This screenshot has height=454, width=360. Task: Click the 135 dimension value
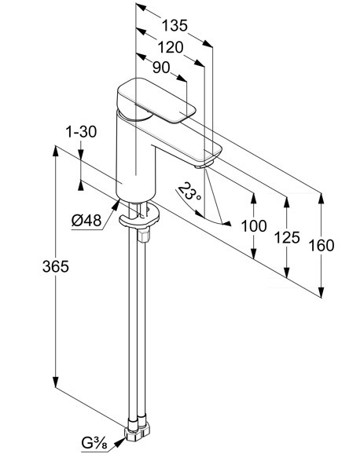tap(174, 25)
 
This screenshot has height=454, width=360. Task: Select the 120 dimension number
tap(171, 47)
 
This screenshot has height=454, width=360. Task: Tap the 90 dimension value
tap(161, 68)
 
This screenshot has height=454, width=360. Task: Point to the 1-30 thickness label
tap(81, 132)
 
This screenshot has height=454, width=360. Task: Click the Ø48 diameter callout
tap(86, 221)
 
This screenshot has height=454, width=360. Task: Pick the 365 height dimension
tap(56, 266)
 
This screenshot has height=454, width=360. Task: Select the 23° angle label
tap(189, 192)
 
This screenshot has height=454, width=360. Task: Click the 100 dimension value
tap(254, 226)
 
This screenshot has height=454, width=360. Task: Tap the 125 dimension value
tap(287, 237)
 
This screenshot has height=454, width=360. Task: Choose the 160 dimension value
tap(321, 246)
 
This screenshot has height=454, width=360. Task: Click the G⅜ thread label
tap(94, 443)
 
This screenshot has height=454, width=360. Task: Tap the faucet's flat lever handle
tap(156, 101)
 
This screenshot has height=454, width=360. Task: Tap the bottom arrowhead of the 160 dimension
tap(321, 292)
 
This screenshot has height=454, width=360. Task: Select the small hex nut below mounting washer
tap(144, 235)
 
